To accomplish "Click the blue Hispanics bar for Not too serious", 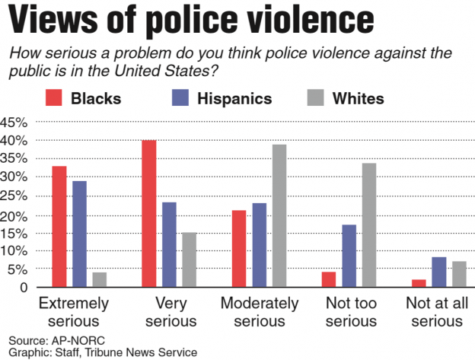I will [x=349, y=256].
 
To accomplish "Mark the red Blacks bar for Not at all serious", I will [x=419, y=283].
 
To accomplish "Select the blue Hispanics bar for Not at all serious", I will [x=438, y=272].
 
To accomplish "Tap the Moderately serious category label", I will [x=259, y=311].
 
